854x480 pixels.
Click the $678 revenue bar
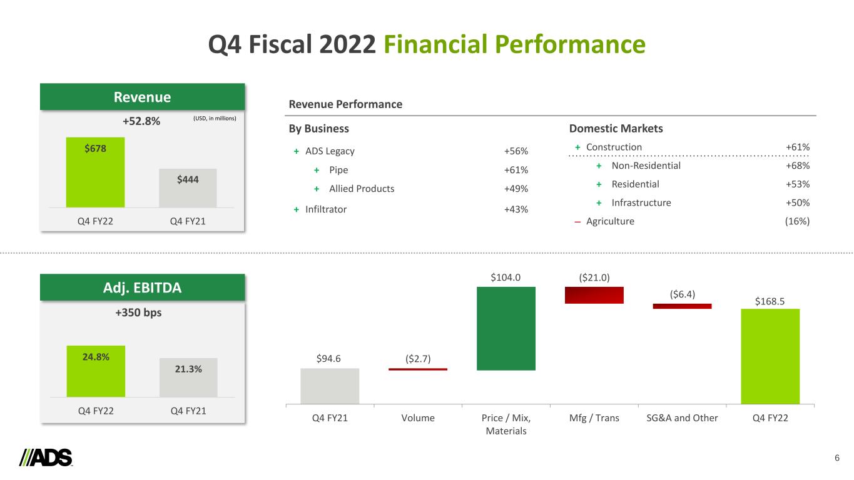95,172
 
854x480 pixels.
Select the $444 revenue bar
188,187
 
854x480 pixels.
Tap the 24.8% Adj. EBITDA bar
95,371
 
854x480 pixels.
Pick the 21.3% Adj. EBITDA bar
188,377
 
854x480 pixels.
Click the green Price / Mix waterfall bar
506,328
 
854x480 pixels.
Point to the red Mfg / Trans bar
594,295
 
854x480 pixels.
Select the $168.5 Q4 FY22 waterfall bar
770,356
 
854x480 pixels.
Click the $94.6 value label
329,357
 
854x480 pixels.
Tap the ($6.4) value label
682,292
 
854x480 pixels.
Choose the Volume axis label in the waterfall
417,418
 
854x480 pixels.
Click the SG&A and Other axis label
682,418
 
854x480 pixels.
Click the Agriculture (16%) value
797,221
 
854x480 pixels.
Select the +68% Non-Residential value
798,166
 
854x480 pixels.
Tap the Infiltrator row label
325,209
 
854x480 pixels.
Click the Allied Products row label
362,189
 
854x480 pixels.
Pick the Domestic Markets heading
616,129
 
